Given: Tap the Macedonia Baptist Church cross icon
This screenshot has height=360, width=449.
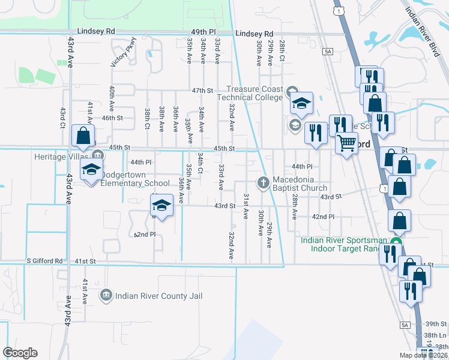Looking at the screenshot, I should [263, 182].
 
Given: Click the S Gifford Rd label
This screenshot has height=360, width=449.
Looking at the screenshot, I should [45, 261].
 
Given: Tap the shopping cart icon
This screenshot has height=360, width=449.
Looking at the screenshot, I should [346, 143].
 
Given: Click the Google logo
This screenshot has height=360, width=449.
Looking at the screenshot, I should [20, 353].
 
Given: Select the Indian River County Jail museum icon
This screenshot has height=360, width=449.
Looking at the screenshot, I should [106, 296].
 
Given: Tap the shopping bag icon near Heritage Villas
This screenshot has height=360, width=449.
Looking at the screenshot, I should [83, 135].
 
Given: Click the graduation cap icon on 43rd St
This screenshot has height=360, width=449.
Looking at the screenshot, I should [161, 206].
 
